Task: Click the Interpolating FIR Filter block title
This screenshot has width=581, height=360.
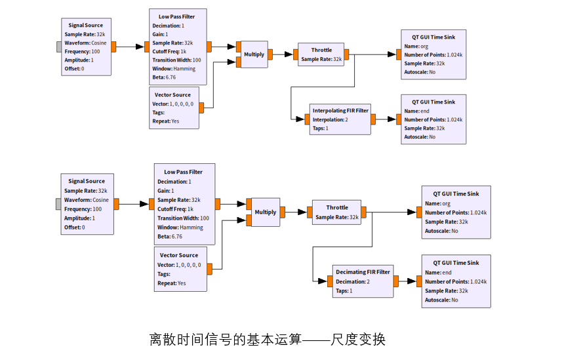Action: click(x=340, y=110)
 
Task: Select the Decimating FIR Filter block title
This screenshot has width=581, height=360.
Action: click(x=363, y=271)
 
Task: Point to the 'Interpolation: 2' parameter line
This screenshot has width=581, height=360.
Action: click(x=331, y=119)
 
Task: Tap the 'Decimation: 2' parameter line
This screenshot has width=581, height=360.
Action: click(x=353, y=281)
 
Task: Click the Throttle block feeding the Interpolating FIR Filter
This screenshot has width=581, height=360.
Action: click(x=321, y=54)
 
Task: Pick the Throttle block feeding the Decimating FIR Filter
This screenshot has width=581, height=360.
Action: click(x=337, y=212)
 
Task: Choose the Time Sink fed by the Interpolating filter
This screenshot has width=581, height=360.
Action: click(x=433, y=119)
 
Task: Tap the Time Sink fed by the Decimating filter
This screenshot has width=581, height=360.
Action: click(x=456, y=281)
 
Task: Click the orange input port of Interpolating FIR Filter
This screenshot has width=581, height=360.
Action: click(x=307, y=119)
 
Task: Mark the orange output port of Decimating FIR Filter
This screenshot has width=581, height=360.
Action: click(x=396, y=281)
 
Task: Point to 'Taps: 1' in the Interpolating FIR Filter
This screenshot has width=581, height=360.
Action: click(x=321, y=129)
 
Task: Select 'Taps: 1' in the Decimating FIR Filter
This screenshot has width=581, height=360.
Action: click(x=344, y=290)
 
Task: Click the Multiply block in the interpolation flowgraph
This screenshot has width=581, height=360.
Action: click(x=254, y=54)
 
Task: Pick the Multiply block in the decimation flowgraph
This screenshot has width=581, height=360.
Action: click(x=265, y=212)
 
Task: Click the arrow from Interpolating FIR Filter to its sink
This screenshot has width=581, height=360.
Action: click(x=386, y=119)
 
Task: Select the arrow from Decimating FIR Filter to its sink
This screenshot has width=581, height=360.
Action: click(x=407, y=281)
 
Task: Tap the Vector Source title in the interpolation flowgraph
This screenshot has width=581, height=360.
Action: click(x=172, y=95)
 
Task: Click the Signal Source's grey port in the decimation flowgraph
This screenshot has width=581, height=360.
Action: click(x=59, y=204)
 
